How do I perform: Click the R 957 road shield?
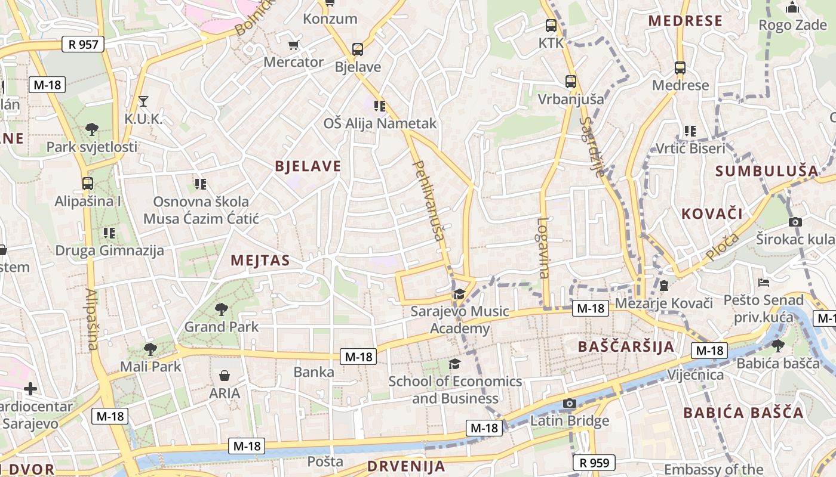point(83,44)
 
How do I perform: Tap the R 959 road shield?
point(594,462)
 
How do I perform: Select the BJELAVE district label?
point(308,166)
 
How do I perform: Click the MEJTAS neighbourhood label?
point(260,261)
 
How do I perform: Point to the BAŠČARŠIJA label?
point(626,346)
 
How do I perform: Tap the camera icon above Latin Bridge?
point(569,404)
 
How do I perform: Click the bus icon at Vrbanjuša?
point(571,82)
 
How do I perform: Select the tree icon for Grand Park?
point(222,309)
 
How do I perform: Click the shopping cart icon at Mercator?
point(293,45)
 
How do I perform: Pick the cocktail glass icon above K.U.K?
point(143,101)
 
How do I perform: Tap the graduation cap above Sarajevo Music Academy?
point(459,294)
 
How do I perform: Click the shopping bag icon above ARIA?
point(225,376)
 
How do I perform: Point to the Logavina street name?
point(543,247)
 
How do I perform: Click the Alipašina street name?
point(91,320)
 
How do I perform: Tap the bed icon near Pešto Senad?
point(764,282)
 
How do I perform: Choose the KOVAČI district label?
point(712,214)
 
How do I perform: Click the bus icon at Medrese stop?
point(680,68)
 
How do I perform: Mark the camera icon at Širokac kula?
point(795,222)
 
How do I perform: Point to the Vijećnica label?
point(695,375)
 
